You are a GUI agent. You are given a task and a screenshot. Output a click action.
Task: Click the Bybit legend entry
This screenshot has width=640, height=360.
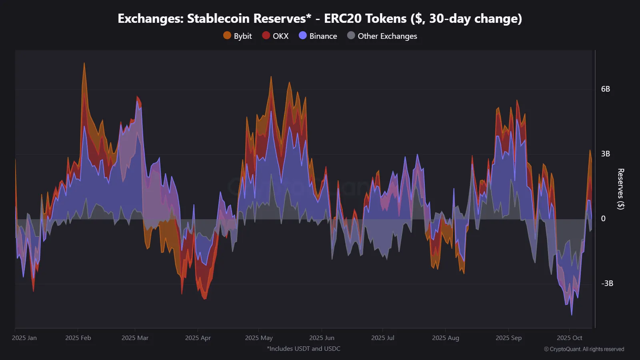tap(238, 36)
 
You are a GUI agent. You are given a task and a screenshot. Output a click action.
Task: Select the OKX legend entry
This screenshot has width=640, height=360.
tap(275, 36)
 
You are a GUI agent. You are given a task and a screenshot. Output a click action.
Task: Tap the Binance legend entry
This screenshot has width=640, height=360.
tap(318, 36)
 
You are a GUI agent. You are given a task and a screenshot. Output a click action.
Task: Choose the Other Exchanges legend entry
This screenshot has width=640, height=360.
tap(382, 36)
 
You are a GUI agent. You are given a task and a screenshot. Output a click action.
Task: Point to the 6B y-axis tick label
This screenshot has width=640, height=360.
tap(605, 89)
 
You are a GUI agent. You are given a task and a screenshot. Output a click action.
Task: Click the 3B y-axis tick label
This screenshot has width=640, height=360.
tap(605, 154)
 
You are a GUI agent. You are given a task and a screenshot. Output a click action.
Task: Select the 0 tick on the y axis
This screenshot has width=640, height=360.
tap(603, 219)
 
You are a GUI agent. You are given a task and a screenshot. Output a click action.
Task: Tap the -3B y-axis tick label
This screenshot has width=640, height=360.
tap(607, 284)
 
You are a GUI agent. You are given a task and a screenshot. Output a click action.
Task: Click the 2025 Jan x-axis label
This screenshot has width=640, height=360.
tap(24, 338)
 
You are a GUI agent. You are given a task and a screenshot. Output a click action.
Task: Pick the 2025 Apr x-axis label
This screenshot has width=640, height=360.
tap(198, 338)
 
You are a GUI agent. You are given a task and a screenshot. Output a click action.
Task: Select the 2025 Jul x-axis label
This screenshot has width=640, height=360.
tap(382, 338)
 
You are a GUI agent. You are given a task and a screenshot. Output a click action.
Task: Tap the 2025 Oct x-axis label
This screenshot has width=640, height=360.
tap(569, 338)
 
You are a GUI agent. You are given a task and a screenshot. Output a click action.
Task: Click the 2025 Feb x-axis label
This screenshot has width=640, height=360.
tap(78, 338)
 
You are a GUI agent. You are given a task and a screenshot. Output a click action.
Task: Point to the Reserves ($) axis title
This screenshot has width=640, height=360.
tap(620, 189)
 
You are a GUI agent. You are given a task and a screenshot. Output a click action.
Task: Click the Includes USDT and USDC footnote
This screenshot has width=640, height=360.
tap(304, 349)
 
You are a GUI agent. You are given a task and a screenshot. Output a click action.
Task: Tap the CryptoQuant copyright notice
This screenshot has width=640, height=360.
tap(584, 349)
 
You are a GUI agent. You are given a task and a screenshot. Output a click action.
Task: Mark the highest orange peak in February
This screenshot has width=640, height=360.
tap(84, 63)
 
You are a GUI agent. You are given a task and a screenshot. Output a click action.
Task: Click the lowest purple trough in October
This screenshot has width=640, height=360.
tap(572, 314)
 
